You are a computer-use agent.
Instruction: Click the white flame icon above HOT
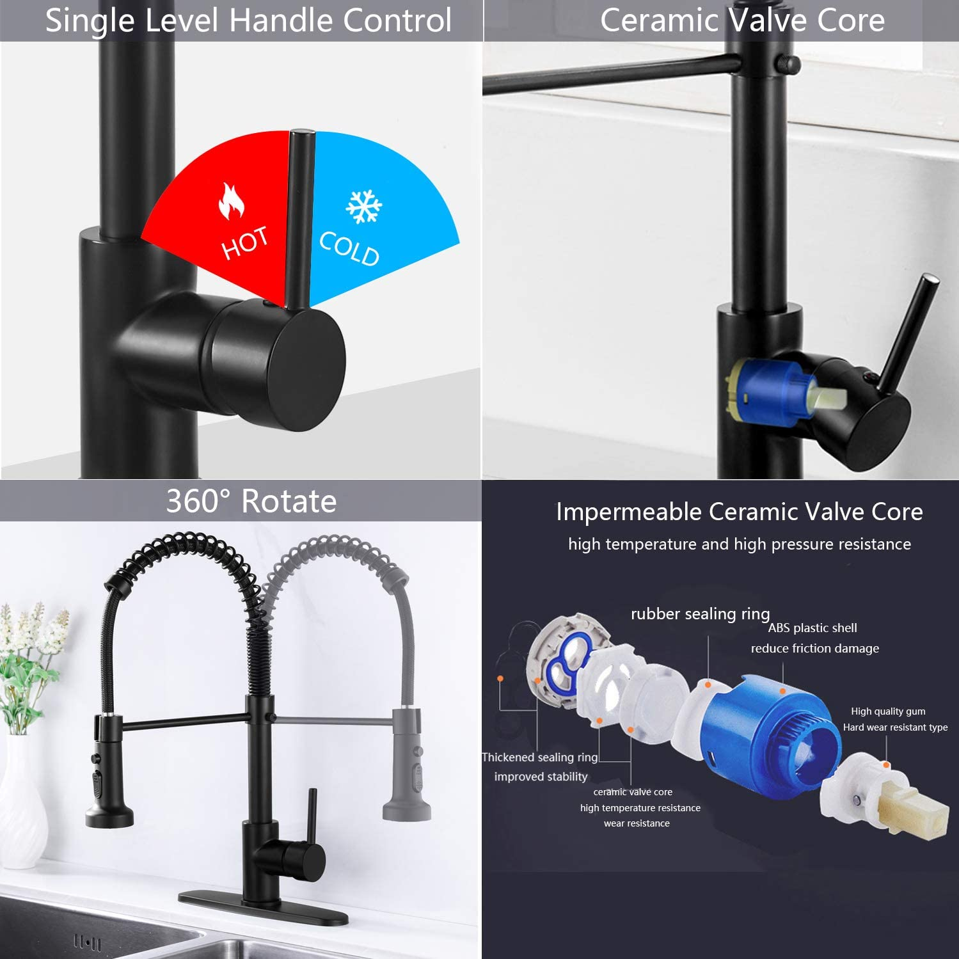(231, 200)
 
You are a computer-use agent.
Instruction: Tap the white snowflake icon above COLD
(363, 206)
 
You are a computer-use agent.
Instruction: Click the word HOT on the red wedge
(245, 243)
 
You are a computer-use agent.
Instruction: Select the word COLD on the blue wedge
(349, 248)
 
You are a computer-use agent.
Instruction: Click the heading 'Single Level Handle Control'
(248, 20)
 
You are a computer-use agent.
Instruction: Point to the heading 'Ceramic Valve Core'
(742, 20)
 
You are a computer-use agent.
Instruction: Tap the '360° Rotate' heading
(251, 501)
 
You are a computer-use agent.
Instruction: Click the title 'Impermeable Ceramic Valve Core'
(739, 512)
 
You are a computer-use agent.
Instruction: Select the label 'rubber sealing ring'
(700, 614)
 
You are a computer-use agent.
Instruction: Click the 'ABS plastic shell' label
(812, 628)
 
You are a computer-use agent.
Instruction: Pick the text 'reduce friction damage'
(814, 648)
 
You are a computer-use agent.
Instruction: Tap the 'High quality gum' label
(888, 711)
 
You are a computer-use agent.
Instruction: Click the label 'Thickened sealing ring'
(540, 757)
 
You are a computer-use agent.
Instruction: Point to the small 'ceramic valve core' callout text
(633, 792)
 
